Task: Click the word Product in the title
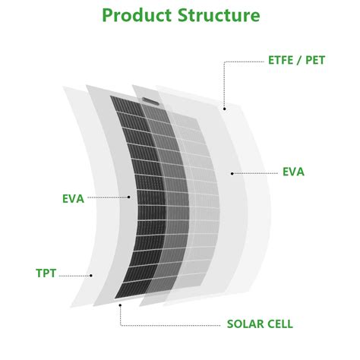137,15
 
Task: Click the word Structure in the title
219,15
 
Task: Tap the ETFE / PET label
296,60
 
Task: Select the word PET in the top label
315,60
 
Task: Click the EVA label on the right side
293,172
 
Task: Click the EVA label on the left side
73,199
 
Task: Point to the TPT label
46,273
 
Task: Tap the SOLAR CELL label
260,324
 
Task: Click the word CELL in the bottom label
278,324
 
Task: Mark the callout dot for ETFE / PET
224,109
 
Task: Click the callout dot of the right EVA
232,173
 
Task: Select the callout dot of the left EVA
129,197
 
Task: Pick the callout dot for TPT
91,276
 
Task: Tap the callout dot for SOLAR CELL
120,305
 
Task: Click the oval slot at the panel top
150,101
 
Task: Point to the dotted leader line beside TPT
74,276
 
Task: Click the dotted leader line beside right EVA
256,173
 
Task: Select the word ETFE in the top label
280,60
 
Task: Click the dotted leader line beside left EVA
107,197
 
